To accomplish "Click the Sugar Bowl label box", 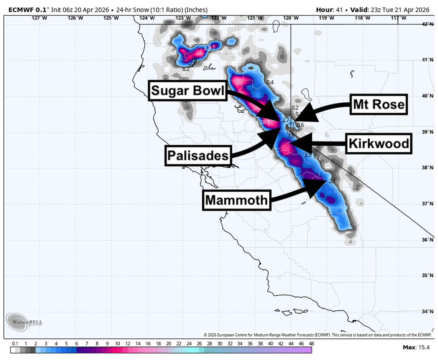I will pos(187,91).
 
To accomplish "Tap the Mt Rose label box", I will pos(378,104).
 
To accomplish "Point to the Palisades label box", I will pos(198,156).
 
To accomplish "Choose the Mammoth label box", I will pos(236,200).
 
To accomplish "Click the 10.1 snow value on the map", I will pos(265,122).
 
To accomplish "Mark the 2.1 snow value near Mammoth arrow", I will pos(333,182).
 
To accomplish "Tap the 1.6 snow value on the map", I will pos(318,158).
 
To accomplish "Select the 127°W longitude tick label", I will pos(37,18).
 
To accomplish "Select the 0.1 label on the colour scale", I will pos(15,343).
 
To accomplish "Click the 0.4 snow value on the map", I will pos(270,82).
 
